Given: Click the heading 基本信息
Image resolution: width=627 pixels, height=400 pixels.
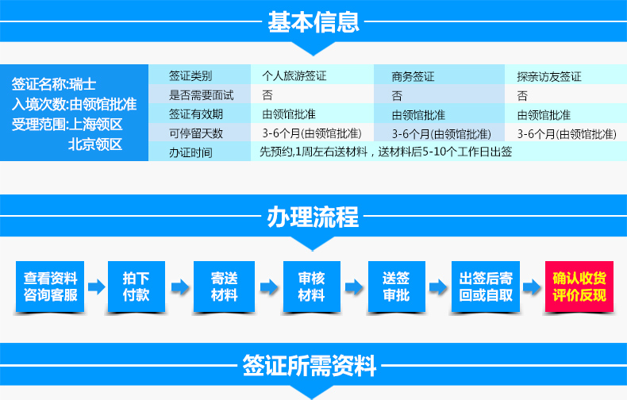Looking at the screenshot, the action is tap(313, 22).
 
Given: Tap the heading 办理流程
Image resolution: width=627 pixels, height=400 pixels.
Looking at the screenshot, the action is tap(313, 217).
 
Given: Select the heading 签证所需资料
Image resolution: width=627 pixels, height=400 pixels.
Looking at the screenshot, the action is tap(310, 365).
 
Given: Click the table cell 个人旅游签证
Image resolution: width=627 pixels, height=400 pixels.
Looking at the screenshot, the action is tap(294, 75).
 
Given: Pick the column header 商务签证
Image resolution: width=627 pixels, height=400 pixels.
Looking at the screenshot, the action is tap(413, 76).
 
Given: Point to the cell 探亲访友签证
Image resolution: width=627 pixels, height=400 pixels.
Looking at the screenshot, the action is tap(549, 76).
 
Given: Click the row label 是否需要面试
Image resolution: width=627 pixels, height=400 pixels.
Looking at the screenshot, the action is tap(201, 95).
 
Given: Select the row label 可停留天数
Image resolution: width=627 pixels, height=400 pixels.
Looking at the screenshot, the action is tap(196, 133).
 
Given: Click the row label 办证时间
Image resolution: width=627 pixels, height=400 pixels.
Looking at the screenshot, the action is tap(190, 152).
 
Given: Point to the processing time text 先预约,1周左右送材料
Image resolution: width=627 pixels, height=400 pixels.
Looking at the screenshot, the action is tap(313, 152).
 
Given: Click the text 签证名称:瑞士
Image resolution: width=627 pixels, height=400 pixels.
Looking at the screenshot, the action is tap(54, 84).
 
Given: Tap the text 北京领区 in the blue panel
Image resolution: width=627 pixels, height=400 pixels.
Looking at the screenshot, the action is tap(94, 144).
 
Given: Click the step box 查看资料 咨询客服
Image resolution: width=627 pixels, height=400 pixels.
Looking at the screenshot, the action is tap(50, 287).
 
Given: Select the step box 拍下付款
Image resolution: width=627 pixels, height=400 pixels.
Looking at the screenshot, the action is tap(137, 287).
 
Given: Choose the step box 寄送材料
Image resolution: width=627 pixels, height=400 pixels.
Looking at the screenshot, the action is tap(224, 287).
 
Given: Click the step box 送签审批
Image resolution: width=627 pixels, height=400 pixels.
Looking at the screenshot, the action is tap(396, 287).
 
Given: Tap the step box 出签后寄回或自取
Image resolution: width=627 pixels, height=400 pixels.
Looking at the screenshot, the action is tap(486, 287).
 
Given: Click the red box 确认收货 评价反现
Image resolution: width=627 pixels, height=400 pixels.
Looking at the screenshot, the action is tap(579, 287).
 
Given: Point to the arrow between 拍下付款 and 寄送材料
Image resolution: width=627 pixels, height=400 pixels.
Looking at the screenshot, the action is tap(180, 287).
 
